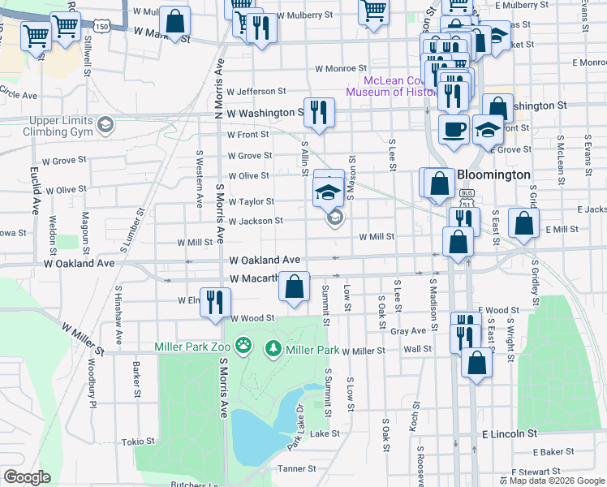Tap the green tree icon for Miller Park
click(273, 349)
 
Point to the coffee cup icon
click(454, 128)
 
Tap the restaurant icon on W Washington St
click(319, 111)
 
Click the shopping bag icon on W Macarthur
click(295, 287)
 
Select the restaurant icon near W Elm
click(214, 302)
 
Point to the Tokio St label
click(138, 442)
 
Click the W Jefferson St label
click(256, 92)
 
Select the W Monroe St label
click(342, 69)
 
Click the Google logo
click(27, 476)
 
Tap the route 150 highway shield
click(101, 27)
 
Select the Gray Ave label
click(408, 331)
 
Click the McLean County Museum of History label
click(391, 86)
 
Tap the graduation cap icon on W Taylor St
click(328, 192)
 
